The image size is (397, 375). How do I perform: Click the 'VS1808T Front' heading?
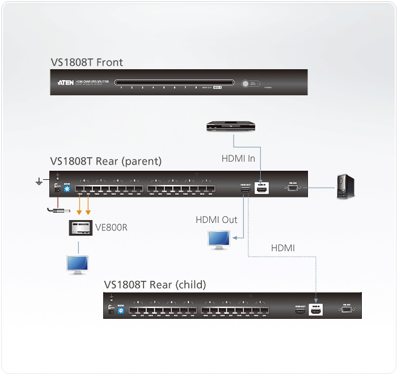[x=86, y=62]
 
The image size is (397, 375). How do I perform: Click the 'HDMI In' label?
[x=238, y=158]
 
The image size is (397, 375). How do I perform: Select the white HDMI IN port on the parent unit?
[x=262, y=189]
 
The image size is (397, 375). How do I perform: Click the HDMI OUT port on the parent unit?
[x=246, y=190]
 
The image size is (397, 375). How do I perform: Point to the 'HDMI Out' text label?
[x=217, y=220]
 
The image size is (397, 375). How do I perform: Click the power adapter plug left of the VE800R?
[x=57, y=211]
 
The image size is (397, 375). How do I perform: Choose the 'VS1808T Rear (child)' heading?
[x=155, y=284]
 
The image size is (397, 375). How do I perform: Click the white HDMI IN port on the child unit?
[x=315, y=311]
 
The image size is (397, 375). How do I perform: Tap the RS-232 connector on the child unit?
[x=347, y=310]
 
